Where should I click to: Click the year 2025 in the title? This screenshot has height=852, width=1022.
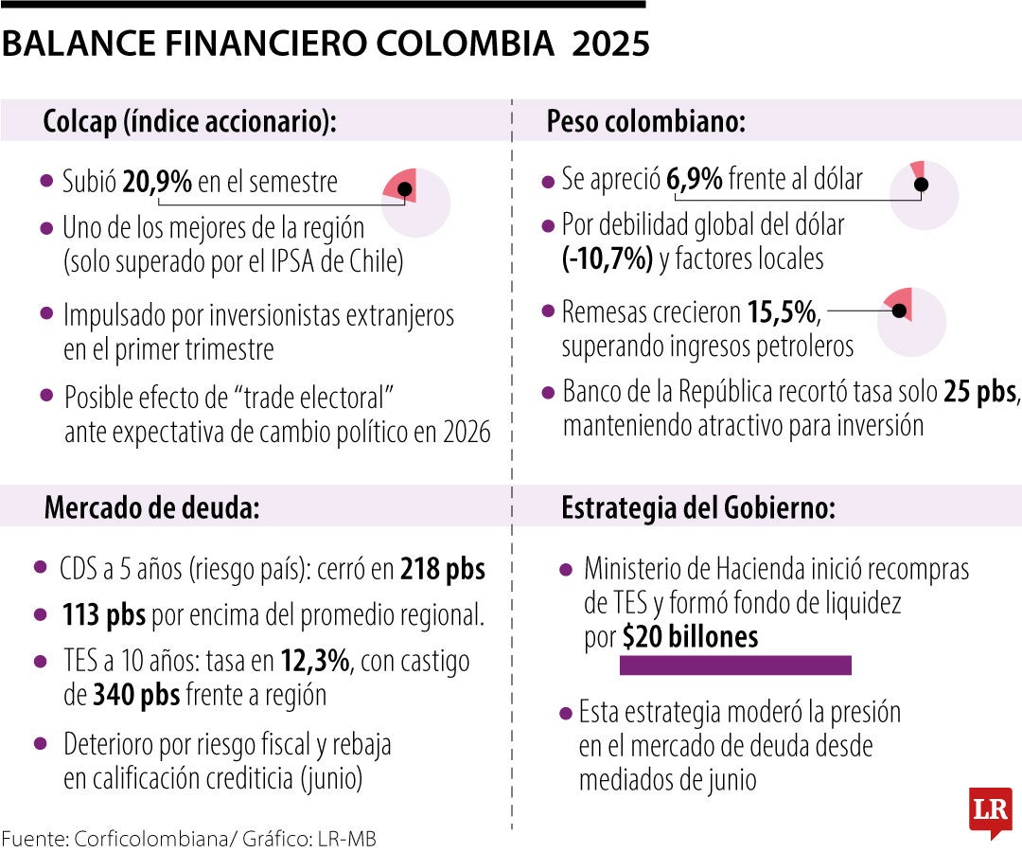[x=610, y=44]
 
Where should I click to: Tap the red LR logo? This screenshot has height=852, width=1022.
[x=990, y=811]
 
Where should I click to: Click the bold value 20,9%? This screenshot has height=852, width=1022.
[x=157, y=181]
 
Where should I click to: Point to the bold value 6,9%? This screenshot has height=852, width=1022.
[x=696, y=178]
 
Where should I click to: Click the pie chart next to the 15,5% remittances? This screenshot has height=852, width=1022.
[x=911, y=321]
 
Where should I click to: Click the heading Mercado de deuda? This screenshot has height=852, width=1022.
[x=151, y=508]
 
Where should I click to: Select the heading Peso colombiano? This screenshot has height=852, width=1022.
[x=646, y=122]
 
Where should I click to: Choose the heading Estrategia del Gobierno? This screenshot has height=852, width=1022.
[x=698, y=508]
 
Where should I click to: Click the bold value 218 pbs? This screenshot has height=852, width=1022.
[x=442, y=569]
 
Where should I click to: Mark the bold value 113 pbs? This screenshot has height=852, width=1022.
[x=104, y=615]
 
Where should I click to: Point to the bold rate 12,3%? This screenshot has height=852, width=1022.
[x=315, y=661]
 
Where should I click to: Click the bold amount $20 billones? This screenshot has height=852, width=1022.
[x=691, y=637]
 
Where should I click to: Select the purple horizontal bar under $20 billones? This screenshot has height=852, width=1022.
[x=735, y=666]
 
